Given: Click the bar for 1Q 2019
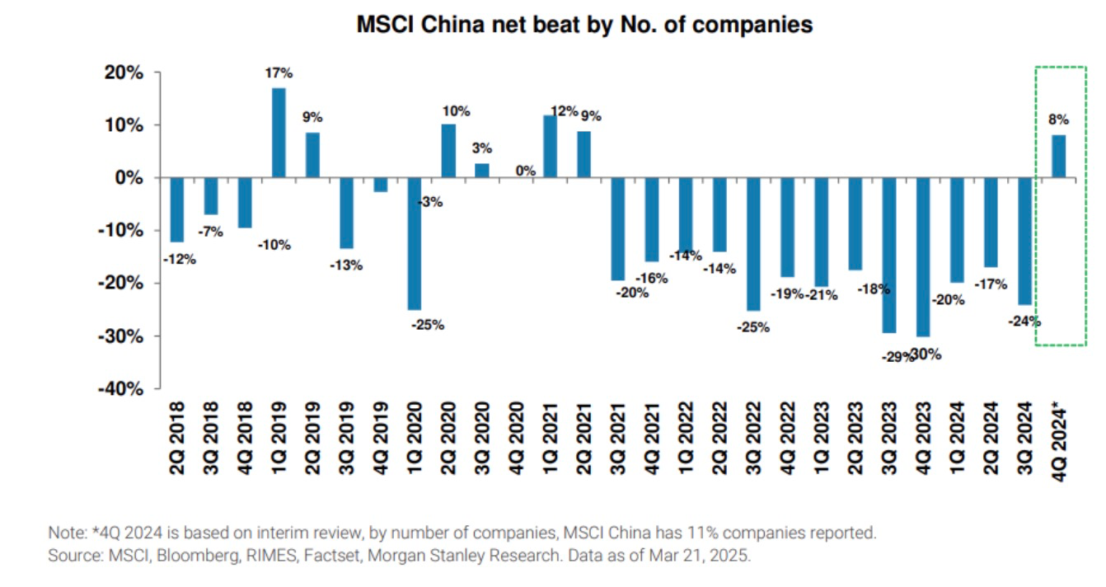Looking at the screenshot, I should pos(279,133).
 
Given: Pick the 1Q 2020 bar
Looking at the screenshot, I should pos(415,244).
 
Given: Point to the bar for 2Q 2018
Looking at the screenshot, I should pos(177,210).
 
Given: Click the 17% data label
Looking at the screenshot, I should pos(279,73).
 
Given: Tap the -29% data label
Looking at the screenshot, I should pos(891,357).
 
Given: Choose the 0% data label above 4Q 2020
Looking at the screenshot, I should pos(525,171).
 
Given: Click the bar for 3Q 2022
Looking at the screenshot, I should pos(753,244).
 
